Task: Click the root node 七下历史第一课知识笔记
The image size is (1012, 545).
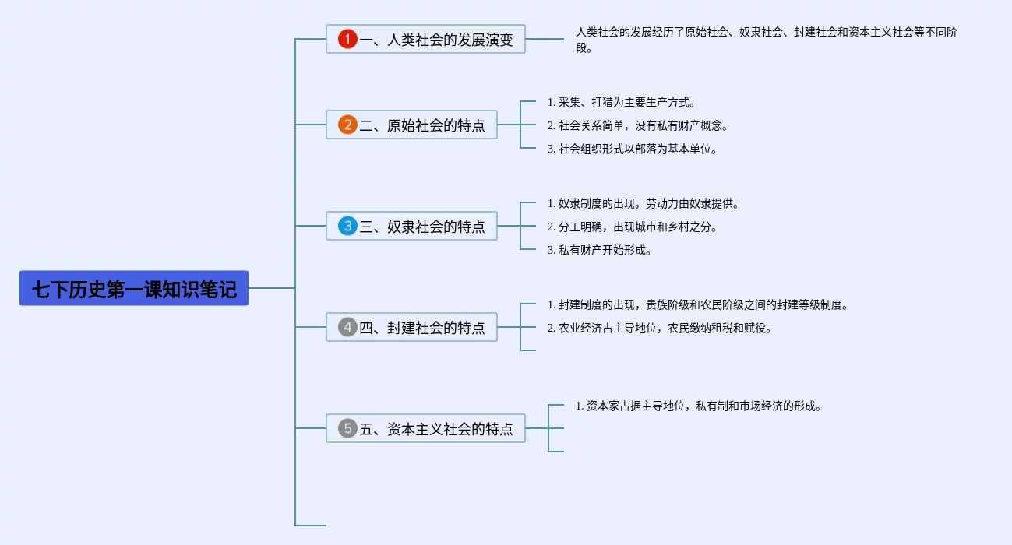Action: tap(134, 288)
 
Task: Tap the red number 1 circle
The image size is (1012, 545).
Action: tap(347, 39)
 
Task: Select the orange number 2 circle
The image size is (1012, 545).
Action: tap(347, 125)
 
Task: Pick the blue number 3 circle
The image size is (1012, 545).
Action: tap(347, 226)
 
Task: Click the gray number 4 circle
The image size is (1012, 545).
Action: tap(347, 327)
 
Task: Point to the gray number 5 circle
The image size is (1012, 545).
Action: tap(347, 428)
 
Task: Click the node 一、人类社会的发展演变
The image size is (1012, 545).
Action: tap(425, 39)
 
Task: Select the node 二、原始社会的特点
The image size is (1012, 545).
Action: tap(411, 125)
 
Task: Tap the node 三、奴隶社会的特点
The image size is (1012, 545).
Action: tap(411, 226)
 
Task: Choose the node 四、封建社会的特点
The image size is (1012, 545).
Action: tap(411, 327)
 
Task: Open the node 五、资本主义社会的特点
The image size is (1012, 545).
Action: tap(425, 428)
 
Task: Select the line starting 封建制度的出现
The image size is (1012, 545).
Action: tap(698, 304)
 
